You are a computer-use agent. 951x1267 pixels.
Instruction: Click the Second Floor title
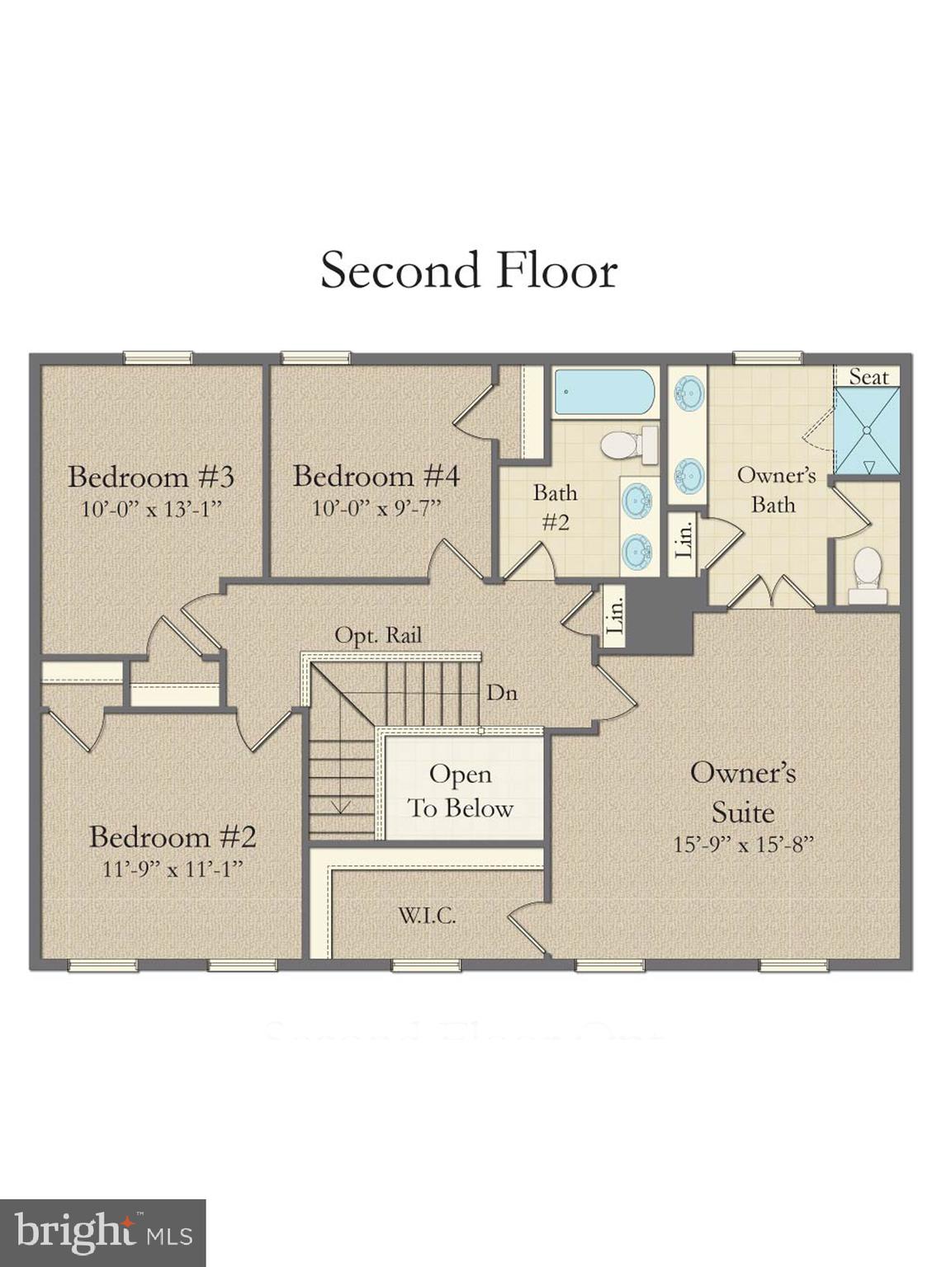(x=469, y=271)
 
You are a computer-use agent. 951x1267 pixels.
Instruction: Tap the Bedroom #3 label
(x=151, y=477)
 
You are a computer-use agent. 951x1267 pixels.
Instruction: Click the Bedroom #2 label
(x=173, y=836)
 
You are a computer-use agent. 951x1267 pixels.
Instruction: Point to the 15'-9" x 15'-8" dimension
(x=743, y=845)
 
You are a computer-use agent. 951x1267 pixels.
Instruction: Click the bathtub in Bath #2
(x=604, y=392)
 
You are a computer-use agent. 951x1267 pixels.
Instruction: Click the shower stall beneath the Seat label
(x=865, y=431)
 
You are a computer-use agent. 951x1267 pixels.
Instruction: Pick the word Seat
(x=868, y=377)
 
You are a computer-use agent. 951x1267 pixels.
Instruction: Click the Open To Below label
(x=461, y=791)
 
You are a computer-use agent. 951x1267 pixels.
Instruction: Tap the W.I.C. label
(x=427, y=915)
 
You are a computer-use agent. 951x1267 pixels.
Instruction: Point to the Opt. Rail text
(x=378, y=635)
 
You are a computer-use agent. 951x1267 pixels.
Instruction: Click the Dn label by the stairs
(x=501, y=692)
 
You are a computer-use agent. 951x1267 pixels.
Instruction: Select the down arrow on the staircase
(x=342, y=806)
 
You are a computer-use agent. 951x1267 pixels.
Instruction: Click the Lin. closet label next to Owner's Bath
(x=684, y=536)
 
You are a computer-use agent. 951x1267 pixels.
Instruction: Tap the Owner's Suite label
(x=743, y=792)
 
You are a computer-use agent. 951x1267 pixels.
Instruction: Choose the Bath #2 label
(x=555, y=507)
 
